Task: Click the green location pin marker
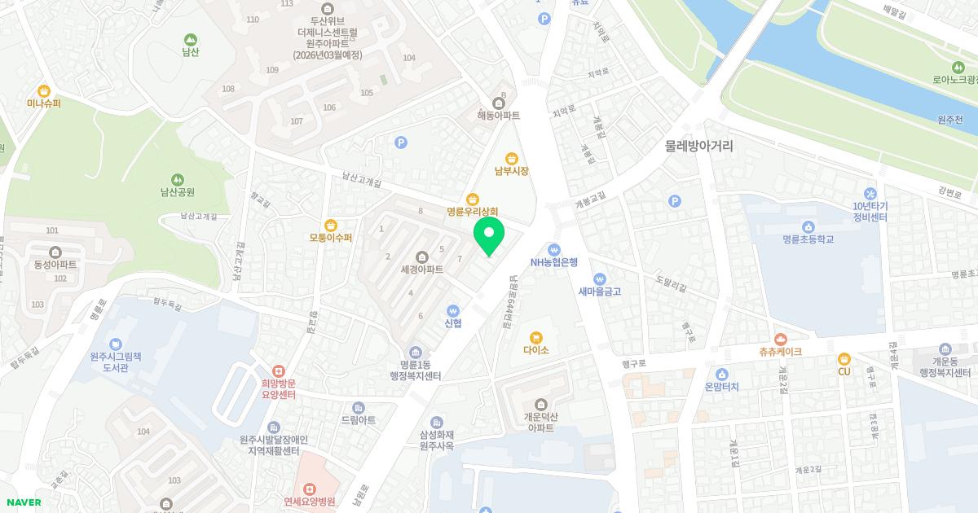click(489, 235)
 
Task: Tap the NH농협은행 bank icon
click(554, 248)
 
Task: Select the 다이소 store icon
click(536, 337)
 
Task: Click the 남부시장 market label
click(512, 171)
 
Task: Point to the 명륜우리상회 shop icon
click(472, 199)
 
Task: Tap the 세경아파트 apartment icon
click(421, 256)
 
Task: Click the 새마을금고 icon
click(600, 278)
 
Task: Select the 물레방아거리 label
click(698, 147)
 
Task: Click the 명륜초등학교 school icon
click(808, 226)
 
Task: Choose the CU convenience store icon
click(844, 358)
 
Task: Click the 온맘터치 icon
click(720, 375)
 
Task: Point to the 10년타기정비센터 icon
click(870, 194)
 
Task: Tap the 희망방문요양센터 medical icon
click(278, 370)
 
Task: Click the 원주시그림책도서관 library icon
click(116, 344)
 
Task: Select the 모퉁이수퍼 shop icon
click(330, 225)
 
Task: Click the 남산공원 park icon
click(177, 179)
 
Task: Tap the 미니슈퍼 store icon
click(44, 90)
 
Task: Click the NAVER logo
click(24, 502)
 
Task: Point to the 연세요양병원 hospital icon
click(310, 489)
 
